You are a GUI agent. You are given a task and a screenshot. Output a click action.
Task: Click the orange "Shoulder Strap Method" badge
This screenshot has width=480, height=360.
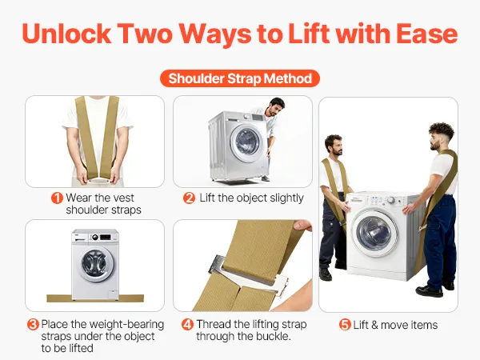point(240,78)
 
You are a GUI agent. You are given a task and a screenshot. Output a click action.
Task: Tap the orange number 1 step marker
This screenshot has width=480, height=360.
point(57,198)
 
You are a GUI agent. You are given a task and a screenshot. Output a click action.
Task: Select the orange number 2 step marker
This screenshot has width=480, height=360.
point(189,198)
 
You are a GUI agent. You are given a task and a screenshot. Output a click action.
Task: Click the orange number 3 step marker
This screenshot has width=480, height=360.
point(33,325)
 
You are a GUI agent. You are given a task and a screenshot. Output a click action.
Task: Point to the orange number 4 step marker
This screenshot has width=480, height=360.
point(187,325)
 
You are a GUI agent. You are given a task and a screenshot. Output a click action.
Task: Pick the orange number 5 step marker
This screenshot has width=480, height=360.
point(345,325)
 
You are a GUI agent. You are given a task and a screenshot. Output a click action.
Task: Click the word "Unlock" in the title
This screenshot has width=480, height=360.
point(66,34)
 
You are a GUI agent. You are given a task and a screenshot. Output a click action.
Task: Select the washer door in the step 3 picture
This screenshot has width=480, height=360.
point(95,265)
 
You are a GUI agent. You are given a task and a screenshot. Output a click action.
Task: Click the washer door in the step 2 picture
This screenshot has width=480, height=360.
point(246,143)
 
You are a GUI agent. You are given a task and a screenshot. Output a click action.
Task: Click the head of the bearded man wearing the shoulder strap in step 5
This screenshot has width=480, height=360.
point(334,145)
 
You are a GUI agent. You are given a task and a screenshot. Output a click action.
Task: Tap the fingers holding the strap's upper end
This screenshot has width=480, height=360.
point(302,226)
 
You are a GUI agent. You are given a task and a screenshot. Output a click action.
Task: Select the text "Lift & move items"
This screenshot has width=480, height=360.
point(395,325)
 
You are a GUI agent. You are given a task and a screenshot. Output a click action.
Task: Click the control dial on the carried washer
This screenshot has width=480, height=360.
point(391,200)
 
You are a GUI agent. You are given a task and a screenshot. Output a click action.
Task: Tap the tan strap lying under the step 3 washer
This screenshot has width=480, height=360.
point(95,298)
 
